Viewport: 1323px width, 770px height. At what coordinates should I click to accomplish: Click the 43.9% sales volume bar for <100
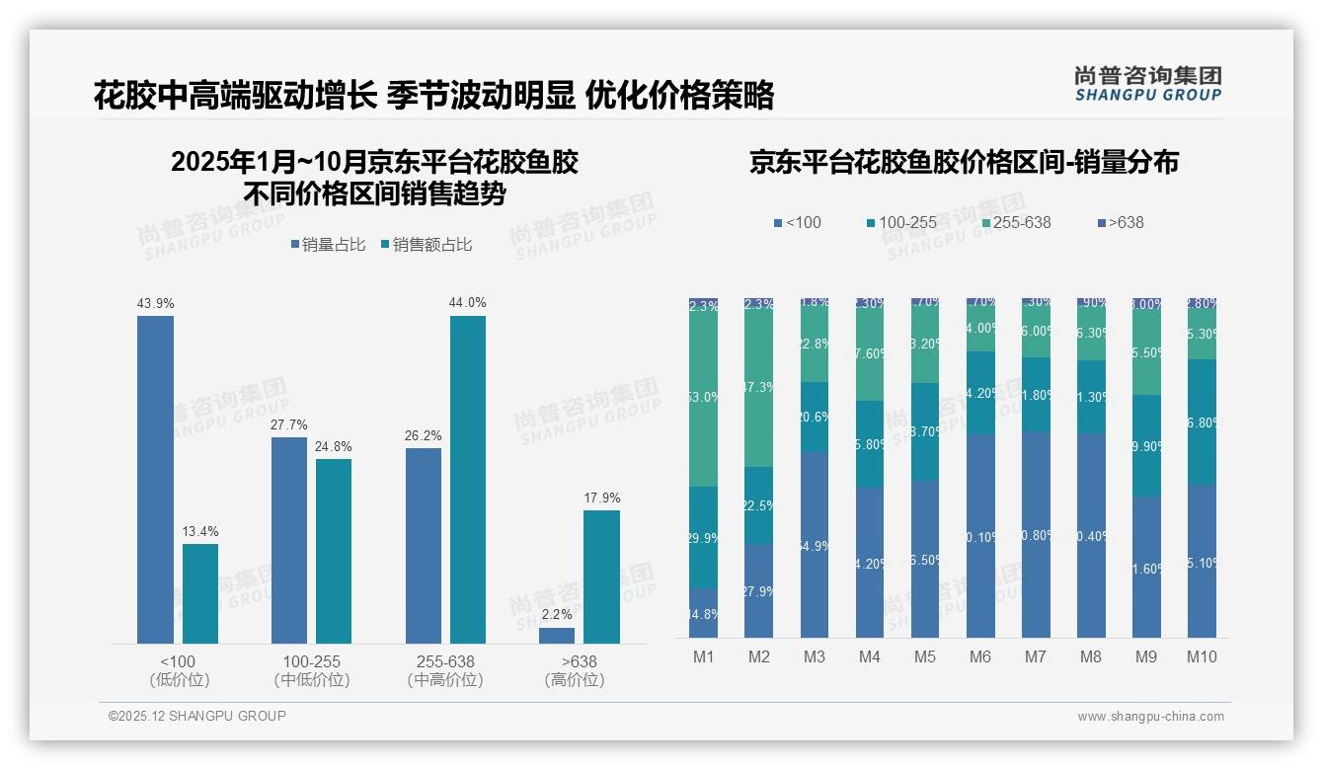pyautogui.click(x=155, y=480)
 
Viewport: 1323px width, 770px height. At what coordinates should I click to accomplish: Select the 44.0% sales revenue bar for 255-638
pyautogui.click(x=468, y=480)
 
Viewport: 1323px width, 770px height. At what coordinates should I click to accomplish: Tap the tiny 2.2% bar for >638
pyautogui.click(x=557, y=636)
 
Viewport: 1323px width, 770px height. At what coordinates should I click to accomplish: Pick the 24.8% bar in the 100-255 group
pyautogui.click(x=334, y=551)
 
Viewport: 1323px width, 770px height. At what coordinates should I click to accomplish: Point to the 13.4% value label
pyautogui.click(x=199, y=532)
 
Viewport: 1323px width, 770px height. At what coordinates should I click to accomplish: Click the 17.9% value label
pyautogui.click(x=601, y=499)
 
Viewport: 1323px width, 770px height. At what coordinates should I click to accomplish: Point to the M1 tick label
pyautogui.click(x=703, y=656)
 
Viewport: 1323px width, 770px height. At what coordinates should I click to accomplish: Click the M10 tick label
pyautogui.click(x=1202, y=656)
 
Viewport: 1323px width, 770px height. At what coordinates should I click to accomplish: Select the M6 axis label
pyautogui.click(x=980, y=656)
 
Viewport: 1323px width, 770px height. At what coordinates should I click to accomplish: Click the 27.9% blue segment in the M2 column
pyautogui.click(x=758, y=590)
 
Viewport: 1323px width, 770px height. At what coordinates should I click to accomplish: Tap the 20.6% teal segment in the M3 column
pyautogui.click(x=814, y=417)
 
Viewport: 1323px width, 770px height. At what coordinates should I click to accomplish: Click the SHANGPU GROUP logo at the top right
pyautogui.click(x=1147, y=84)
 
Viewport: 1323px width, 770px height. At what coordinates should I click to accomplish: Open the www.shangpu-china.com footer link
pyautogui.click(x=1150, y=717)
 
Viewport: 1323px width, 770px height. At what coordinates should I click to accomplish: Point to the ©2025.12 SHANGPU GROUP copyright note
pyautogui.click(x=197, y=716)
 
